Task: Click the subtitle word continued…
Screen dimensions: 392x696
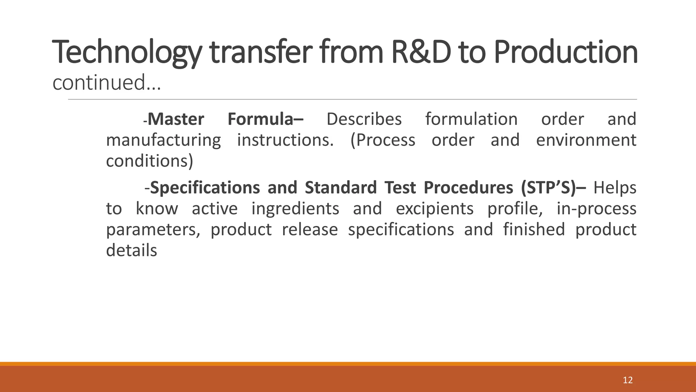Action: pos(106,83)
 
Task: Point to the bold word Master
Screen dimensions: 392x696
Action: pos(176,119)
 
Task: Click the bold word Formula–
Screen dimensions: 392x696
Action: pos(265,119)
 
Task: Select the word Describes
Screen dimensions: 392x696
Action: pos(364,119)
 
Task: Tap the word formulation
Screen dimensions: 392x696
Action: pos(471,119)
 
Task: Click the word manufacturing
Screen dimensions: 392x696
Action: pos(163,141)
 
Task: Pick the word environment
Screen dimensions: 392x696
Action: pos(586,140)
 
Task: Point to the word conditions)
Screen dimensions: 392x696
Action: pos(150,161)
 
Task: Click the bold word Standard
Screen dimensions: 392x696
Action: pos(341,188)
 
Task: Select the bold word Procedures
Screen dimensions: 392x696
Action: pos(468,188)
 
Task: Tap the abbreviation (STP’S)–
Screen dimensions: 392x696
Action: pos(553,188)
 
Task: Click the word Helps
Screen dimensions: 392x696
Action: pos(615,188)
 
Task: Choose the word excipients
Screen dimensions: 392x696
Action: pos(435,209)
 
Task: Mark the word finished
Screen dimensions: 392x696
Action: pos(534,230)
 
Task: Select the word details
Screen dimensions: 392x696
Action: pos(132,251)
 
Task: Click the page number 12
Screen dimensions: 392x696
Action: pos(628,380)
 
